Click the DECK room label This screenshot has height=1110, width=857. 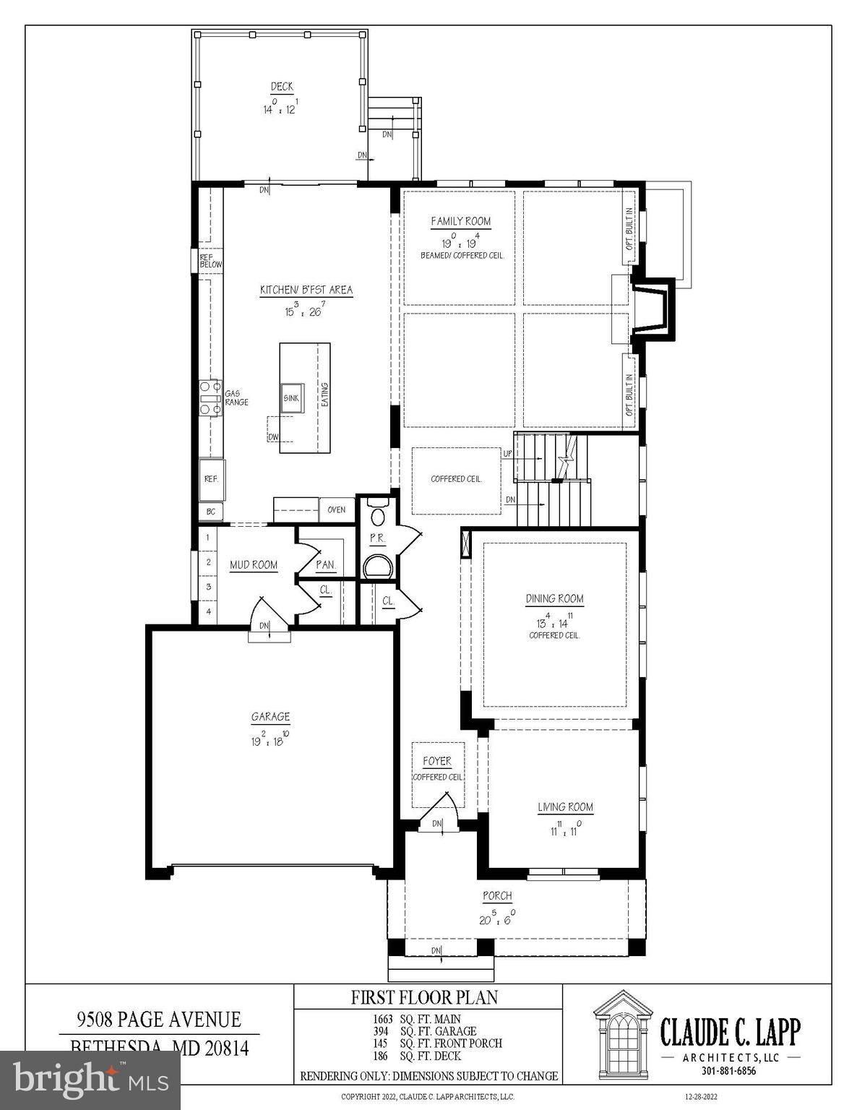[282, 87]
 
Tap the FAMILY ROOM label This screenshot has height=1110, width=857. [460, 222]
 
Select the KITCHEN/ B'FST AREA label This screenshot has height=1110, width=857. [306, 291]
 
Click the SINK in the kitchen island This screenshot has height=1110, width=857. [291, 398]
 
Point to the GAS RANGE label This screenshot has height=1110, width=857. [236, 397]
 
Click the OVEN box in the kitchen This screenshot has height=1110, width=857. [336, 509]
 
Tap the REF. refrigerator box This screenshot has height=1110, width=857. [212, 478]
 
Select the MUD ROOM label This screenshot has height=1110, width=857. [254, 565]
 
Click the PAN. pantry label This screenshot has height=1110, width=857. [325, 565]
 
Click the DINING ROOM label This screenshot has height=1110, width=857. [554, 598]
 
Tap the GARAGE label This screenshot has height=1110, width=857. [270, 717]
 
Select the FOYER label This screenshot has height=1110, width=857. [436, 761]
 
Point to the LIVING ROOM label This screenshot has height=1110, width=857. [565, 807]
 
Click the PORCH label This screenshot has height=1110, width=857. [497, 896]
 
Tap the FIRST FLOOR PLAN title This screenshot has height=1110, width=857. [424, 998]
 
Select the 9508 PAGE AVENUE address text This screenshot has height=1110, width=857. [159, 1020]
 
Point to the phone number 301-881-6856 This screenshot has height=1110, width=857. [730, 1071]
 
